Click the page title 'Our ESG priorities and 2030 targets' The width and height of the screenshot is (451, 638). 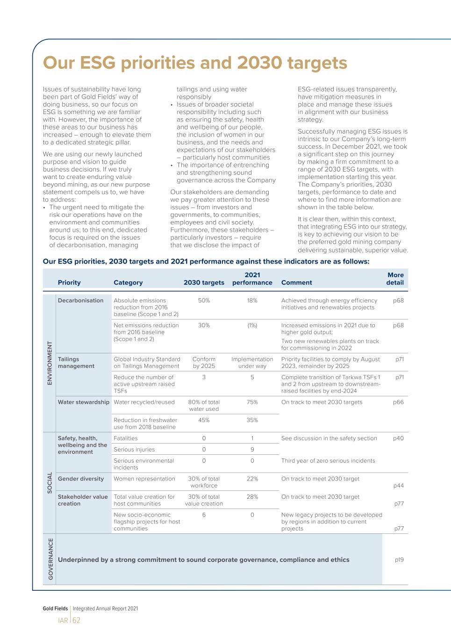pos(195,63)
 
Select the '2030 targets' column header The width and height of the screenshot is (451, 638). pos(204,283)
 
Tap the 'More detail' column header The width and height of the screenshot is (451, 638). pos(395,279)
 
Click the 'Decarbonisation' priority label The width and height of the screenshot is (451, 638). pos(80,301)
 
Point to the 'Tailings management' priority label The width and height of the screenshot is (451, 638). pos(76,363)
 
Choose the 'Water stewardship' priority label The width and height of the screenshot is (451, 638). pos(84,402)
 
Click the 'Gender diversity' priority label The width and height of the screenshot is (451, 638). pos(81,479)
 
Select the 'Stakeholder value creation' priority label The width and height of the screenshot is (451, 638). pos(83,500)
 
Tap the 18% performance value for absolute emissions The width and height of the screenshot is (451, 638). pos(252,301)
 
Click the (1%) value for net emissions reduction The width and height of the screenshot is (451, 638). pos(252,325)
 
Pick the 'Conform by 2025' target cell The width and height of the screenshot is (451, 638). pos(204,363)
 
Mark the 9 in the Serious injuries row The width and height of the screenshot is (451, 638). pos(252,450)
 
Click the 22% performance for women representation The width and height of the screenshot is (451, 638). pos(252,479)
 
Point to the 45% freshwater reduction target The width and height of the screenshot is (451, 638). pos(204,420)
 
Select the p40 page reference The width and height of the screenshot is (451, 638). pos(398,438)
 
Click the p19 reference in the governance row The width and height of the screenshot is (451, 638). pos(399,559)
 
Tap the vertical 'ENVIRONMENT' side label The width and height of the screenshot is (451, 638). pos(50,363)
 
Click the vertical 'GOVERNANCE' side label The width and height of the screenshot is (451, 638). pos(50,559)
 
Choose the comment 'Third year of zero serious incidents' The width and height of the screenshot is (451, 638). pos(328,461)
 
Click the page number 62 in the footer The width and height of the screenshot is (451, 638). pos(76,620)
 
